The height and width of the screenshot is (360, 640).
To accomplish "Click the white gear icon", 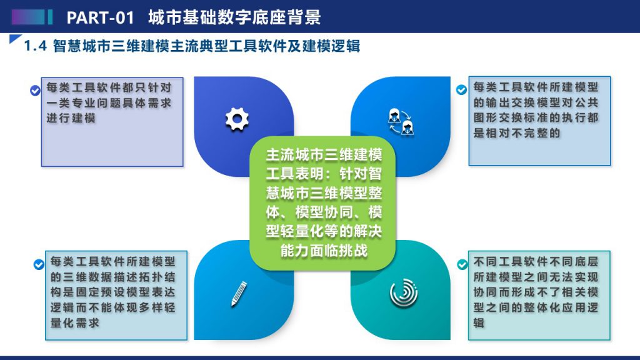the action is [x=237, y=119].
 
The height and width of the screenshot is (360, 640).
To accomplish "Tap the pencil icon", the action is [x=239, y=294].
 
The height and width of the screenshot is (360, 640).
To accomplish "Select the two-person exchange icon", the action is [x=401, y=122].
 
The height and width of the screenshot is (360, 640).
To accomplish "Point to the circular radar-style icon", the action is [x=404, y=293].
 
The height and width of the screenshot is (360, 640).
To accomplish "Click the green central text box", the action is [x=323, y=203].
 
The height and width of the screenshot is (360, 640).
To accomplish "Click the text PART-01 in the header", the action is [x=101, y=17].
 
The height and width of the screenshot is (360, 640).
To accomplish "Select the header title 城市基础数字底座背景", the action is [x=235, y=17].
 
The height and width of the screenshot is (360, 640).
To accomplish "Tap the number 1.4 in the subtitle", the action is [x=36, y=46].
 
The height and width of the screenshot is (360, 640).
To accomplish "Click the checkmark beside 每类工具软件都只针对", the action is [x=35, y=91].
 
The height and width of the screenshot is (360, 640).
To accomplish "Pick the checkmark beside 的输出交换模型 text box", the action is [x=462, y=89].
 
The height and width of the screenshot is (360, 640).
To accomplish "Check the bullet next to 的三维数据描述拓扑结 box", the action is [x=39, y=265].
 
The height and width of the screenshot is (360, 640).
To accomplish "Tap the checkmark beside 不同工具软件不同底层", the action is [x=462, y=265].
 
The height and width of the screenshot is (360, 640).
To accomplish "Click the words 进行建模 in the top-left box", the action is [x=71, y=118].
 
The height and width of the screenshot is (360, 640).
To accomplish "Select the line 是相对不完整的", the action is [x=517, y=133].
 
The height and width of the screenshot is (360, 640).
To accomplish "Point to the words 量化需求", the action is [x=75, y=323].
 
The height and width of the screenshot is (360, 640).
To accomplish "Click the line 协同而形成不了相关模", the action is [x=536, y=292].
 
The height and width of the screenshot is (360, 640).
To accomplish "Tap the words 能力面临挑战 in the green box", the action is [x=324, y=250].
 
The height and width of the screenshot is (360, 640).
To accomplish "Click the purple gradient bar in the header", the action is [x=28, y=17].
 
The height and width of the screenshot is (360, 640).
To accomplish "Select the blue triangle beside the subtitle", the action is [x=15, y=39].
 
